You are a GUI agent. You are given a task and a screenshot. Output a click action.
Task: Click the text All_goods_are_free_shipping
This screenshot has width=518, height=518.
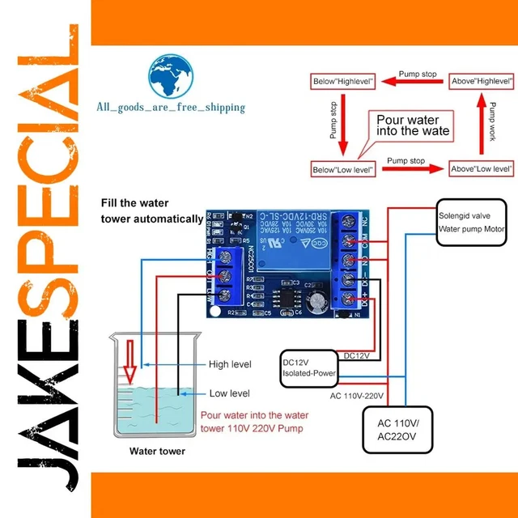pyautogui.click(x=171, y=108)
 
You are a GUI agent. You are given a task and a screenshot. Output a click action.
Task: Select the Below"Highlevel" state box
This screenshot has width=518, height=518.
pyautogui.click(x=343, y=82)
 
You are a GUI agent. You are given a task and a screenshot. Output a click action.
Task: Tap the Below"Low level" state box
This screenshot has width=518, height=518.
pyautogui.click(x=343, y=169)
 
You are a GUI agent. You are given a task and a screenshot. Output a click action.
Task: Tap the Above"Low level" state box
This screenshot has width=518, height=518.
pyautogui.click(x=482, y=169)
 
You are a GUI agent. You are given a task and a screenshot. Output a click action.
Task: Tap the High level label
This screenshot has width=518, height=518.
pyautogui.click(x=230, y=364)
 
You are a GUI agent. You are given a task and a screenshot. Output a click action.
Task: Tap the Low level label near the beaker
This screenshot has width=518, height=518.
pyautogui.click(x=229, y=393)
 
